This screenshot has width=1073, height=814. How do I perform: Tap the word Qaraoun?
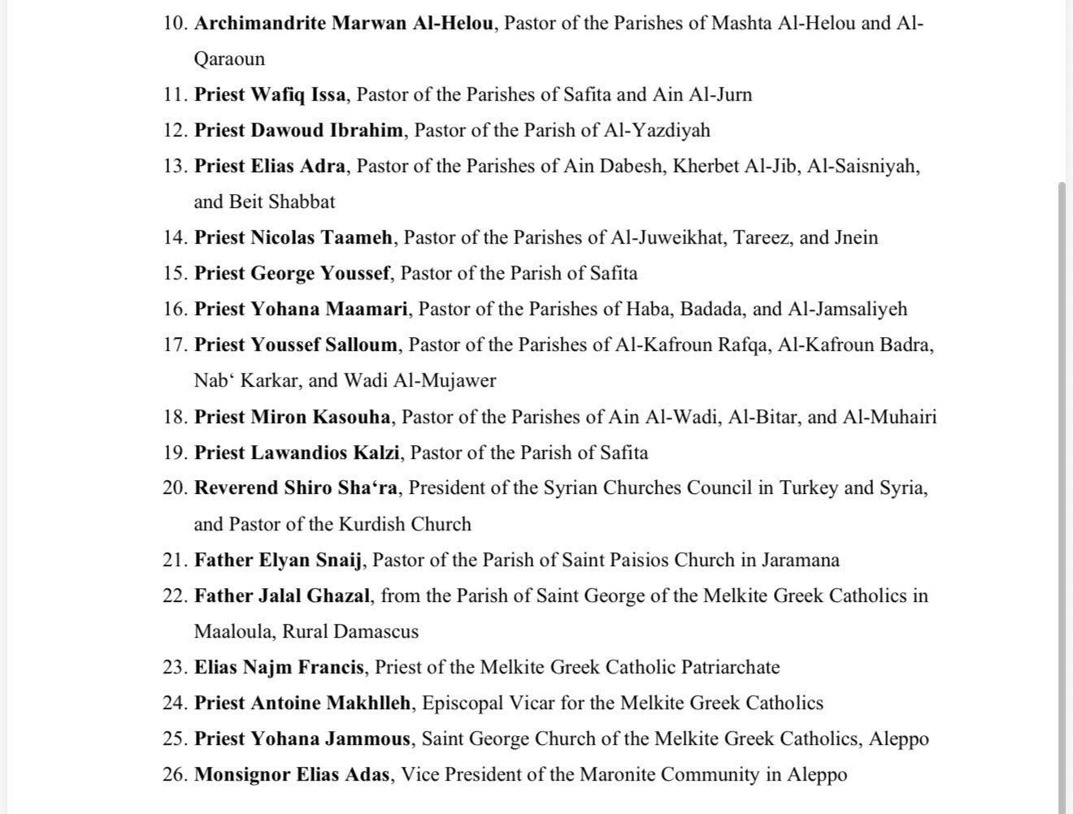[x=229, y=58]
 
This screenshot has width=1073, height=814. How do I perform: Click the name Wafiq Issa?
[x=298, y=94]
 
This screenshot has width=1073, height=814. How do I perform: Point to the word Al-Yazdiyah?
[x=656, y=130]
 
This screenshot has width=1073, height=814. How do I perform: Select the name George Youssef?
[x=319, y=273]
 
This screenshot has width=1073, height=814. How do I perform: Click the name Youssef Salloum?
[x=324, y=344]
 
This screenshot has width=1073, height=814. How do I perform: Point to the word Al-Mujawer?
[x=454, y=380]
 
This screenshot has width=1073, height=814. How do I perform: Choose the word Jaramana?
[x=800, y=560]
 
